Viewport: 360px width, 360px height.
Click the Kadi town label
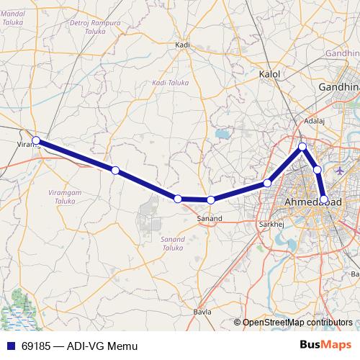182,45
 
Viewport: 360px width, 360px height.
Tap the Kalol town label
269,74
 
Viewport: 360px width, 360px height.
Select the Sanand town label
210,217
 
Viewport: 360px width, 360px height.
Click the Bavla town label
202,312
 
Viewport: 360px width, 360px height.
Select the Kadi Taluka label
170,84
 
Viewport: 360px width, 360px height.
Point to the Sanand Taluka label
173,243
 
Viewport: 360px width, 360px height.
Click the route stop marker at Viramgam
36,141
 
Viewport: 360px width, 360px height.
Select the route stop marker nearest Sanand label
210,200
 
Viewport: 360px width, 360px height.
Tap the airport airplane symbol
341,170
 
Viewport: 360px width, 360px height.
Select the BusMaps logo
325,346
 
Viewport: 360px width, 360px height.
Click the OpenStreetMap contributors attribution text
297,323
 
